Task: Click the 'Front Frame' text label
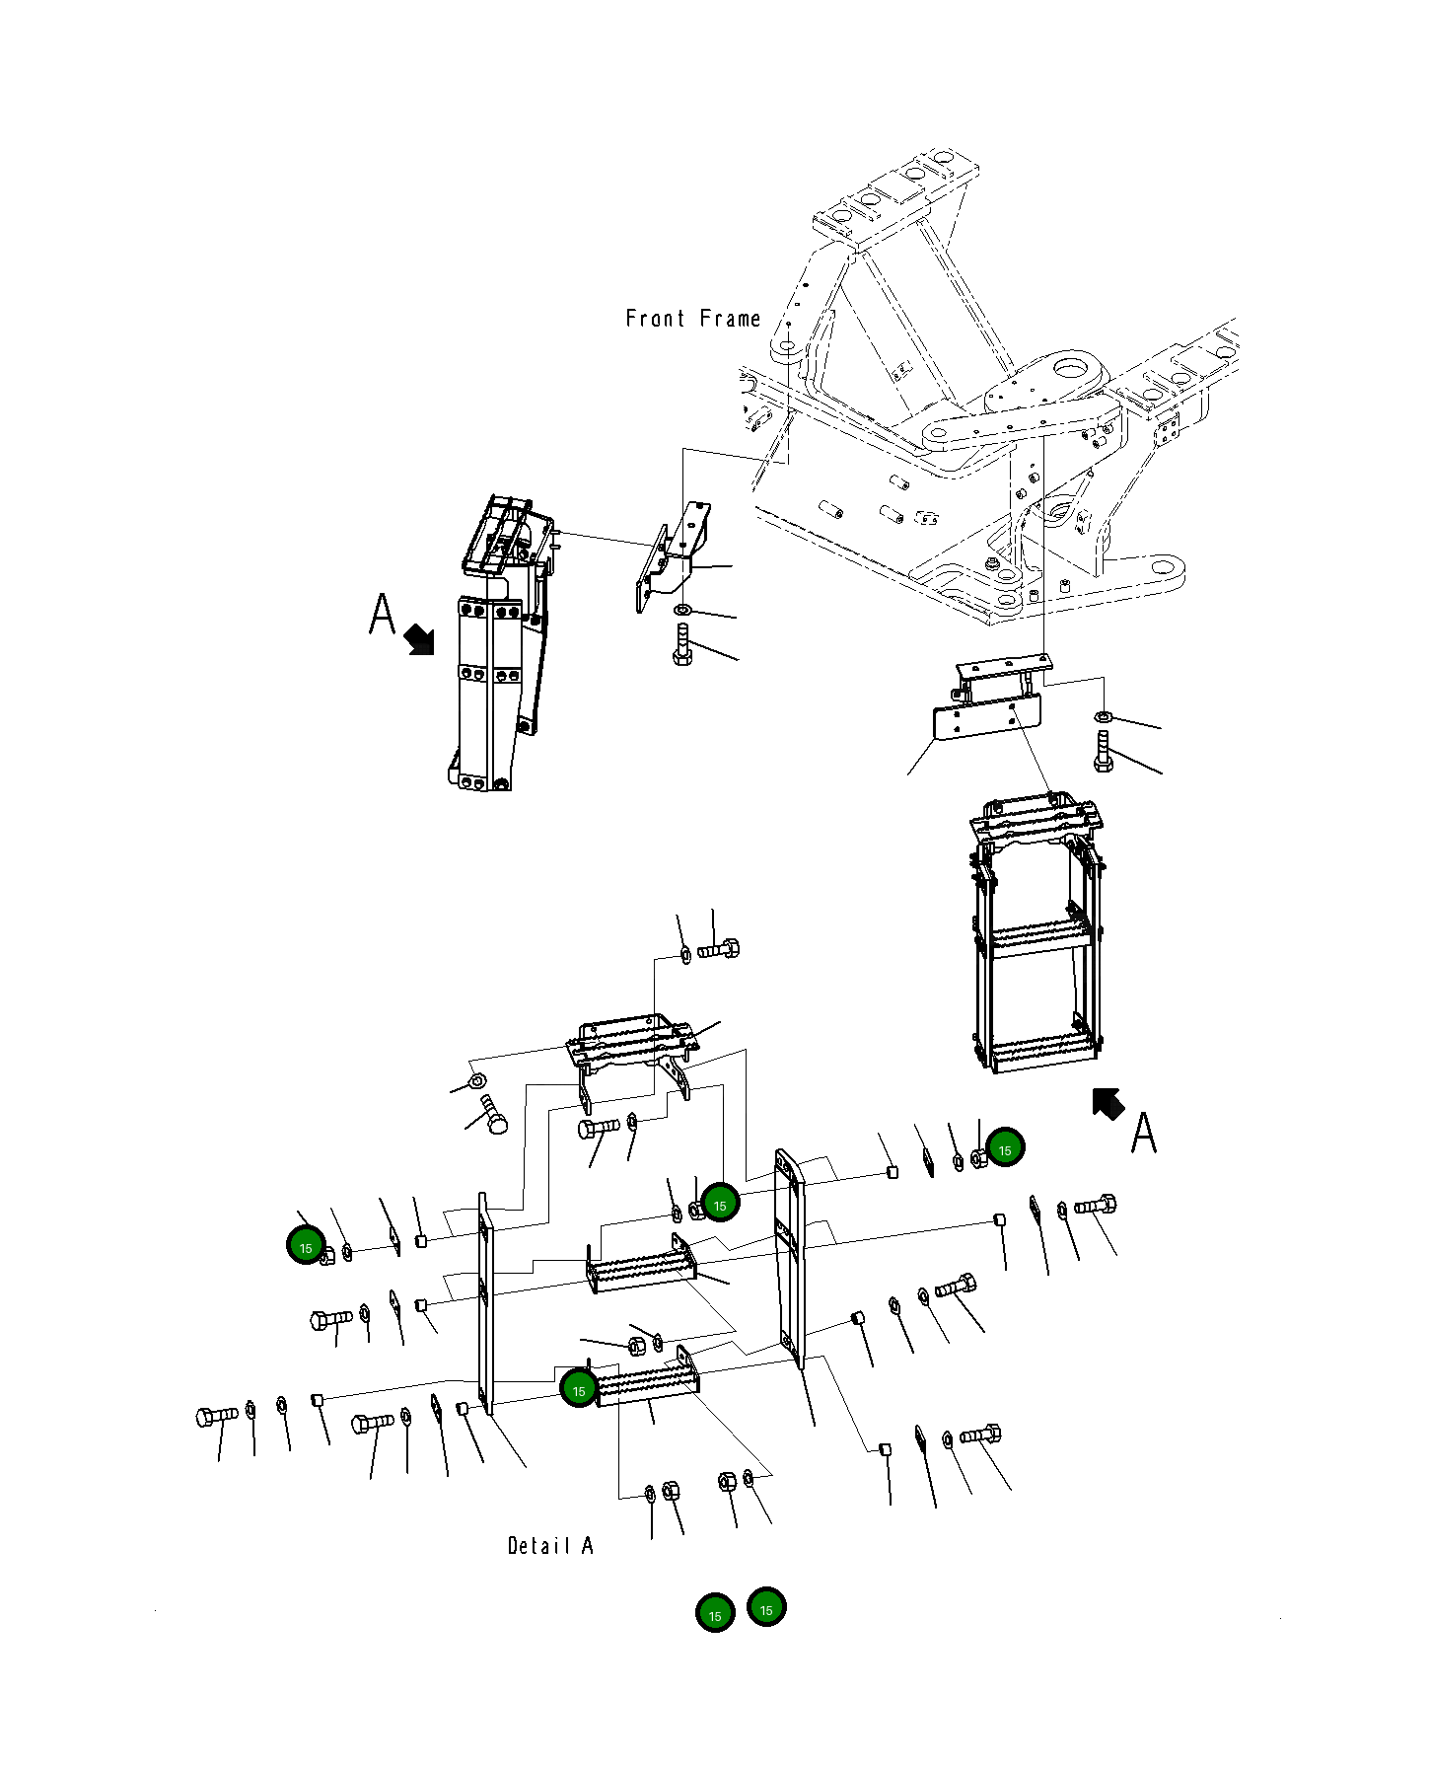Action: pyautogui.click(x=692, y=319)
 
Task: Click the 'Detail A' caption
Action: pyautogui.click(x=549, y=1546)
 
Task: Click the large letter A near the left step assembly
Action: pyautogui.click(x=382, y=615)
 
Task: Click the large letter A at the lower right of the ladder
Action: pyautogui.click(x=1143, y=1133)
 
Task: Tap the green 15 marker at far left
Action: pyautogui.click(x=306, y=1247)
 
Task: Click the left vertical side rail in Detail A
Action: pyautogui.click(x=485, y=1302)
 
